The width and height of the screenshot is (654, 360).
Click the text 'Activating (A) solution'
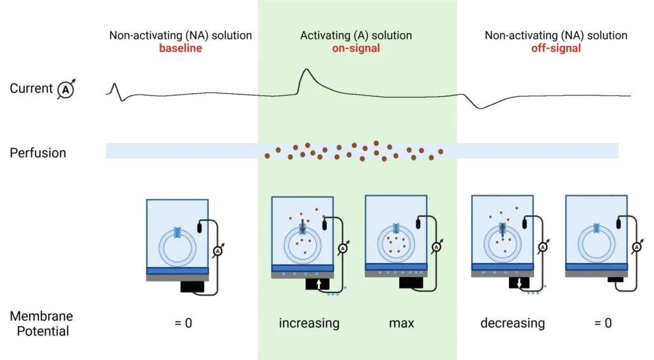tap(356, 36)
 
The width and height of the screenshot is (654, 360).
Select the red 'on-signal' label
tap(356, 49)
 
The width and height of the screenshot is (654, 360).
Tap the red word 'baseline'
tap(181, 49)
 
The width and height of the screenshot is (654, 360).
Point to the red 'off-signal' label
tap(556, 49)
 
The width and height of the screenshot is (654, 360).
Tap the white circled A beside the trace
tap(65, 91)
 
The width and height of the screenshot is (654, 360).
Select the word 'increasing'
tap(309, 323)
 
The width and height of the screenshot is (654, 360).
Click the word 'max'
tap(401, 323)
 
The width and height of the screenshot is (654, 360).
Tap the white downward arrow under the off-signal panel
tap(519, 281)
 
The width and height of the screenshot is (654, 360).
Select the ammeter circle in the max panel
tap(437, 246)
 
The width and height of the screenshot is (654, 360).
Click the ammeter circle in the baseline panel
tap(217, 251)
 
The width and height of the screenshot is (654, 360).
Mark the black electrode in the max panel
tap(420, 222)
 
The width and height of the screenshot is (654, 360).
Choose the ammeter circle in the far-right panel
tap(637, 246)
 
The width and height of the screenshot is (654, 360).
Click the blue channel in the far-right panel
tap(596, 227)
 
